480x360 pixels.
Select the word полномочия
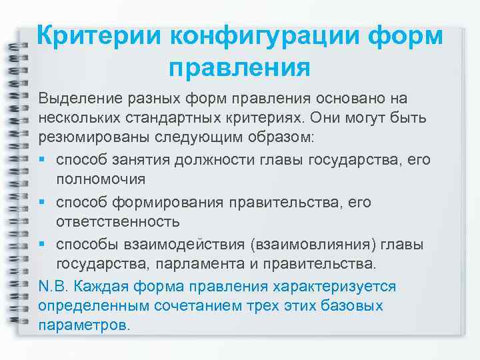pos(101,180)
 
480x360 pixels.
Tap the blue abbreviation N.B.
pos(53,286)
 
